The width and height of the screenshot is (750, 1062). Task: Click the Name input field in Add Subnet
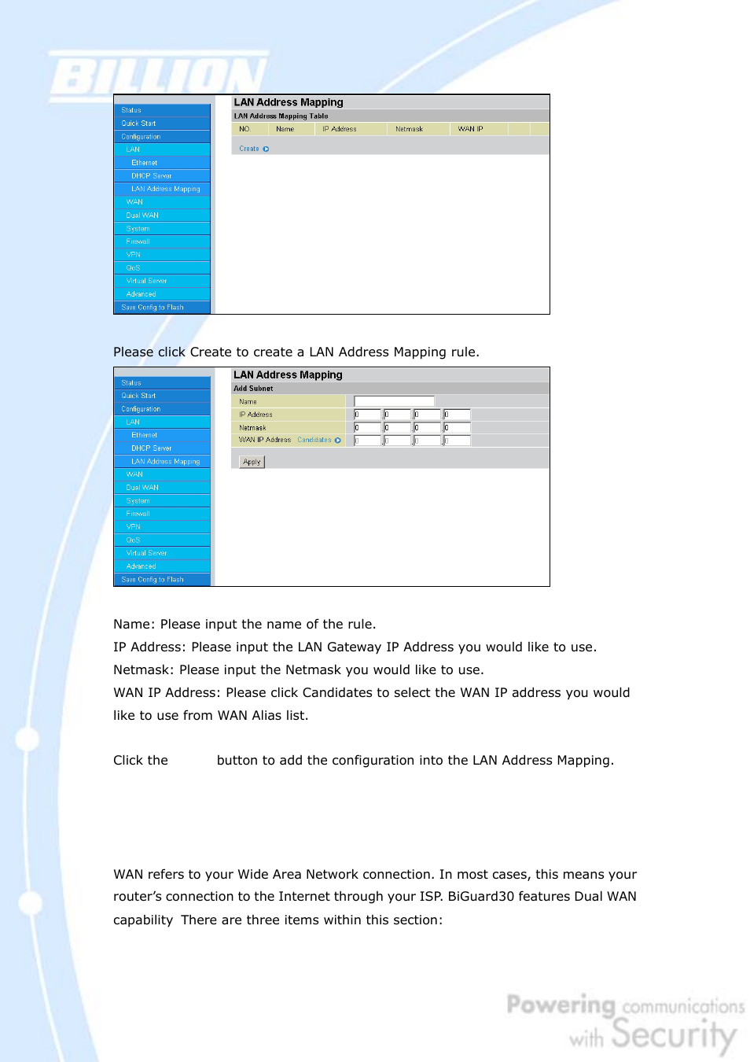(x=394, y=401)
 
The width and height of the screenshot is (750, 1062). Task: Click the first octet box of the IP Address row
(x=367, y=415)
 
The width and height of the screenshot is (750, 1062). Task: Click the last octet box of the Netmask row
(x=457, y=428)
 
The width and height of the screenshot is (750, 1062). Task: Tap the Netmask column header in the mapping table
(x=409, y=129)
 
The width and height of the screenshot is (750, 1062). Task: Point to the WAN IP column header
(x=470, y=129)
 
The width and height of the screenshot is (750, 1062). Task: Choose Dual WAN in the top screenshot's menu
(x=142, y=216)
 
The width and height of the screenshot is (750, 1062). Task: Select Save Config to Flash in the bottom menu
(x=153, y=580)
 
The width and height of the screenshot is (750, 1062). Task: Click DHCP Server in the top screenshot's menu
(x=151, y=176)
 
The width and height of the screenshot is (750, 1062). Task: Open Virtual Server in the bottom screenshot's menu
(x=146, y=553)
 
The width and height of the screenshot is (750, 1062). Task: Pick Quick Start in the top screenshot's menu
(x=138, y=124)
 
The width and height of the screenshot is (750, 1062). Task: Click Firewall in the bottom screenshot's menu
(x=138, y=514)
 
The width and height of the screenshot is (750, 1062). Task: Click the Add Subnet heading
(x=253, y=389)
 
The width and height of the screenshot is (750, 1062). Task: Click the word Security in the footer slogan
(x=674, y=1034)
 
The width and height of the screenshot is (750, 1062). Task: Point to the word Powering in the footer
(x=561, y=1005)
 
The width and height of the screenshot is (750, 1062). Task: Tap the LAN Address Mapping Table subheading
(x=281, y=116)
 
